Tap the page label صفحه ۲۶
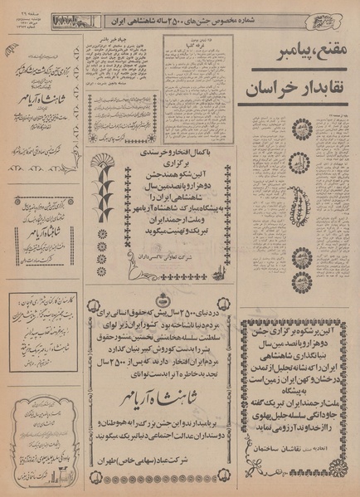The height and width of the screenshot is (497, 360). tap(26, 9)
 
